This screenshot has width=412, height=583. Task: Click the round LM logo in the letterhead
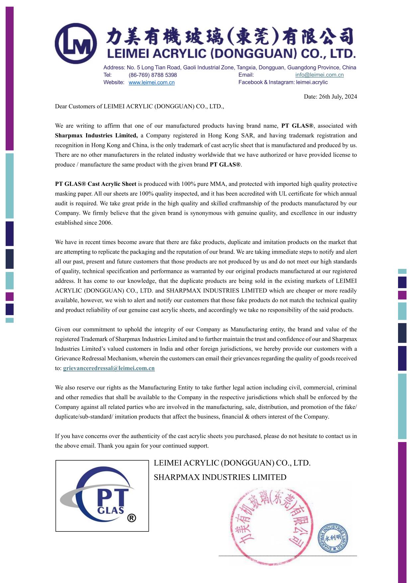(x=76, y=44)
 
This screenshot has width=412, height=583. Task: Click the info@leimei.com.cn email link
(x=319, y=75)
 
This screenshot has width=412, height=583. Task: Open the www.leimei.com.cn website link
(x=152, y=82)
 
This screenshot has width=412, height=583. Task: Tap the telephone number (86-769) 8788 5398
(x=153, y=75)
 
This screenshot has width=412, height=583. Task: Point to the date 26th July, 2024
(x=330, y=97)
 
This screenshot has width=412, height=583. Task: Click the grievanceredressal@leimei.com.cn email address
(x=109, y=368)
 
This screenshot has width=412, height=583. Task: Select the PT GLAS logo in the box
(x=102, y=496)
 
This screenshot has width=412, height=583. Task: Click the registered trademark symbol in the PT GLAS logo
(x=132, y=518)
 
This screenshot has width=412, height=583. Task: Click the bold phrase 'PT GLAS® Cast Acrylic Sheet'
(x=96, y=184)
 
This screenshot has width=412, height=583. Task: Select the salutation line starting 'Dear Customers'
(x=140, y=107)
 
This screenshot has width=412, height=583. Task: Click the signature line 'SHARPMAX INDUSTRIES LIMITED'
(x=220, y=477)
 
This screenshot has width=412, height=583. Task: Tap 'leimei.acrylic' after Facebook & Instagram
(x=312, y=82)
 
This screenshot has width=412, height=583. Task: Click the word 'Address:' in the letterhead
(x=114, y=67)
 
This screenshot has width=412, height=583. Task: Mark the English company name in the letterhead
(x=231, y=54)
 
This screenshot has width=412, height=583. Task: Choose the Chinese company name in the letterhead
(x=229, y=36)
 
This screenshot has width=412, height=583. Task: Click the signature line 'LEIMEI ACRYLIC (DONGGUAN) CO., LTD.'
(x=232, y=463)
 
